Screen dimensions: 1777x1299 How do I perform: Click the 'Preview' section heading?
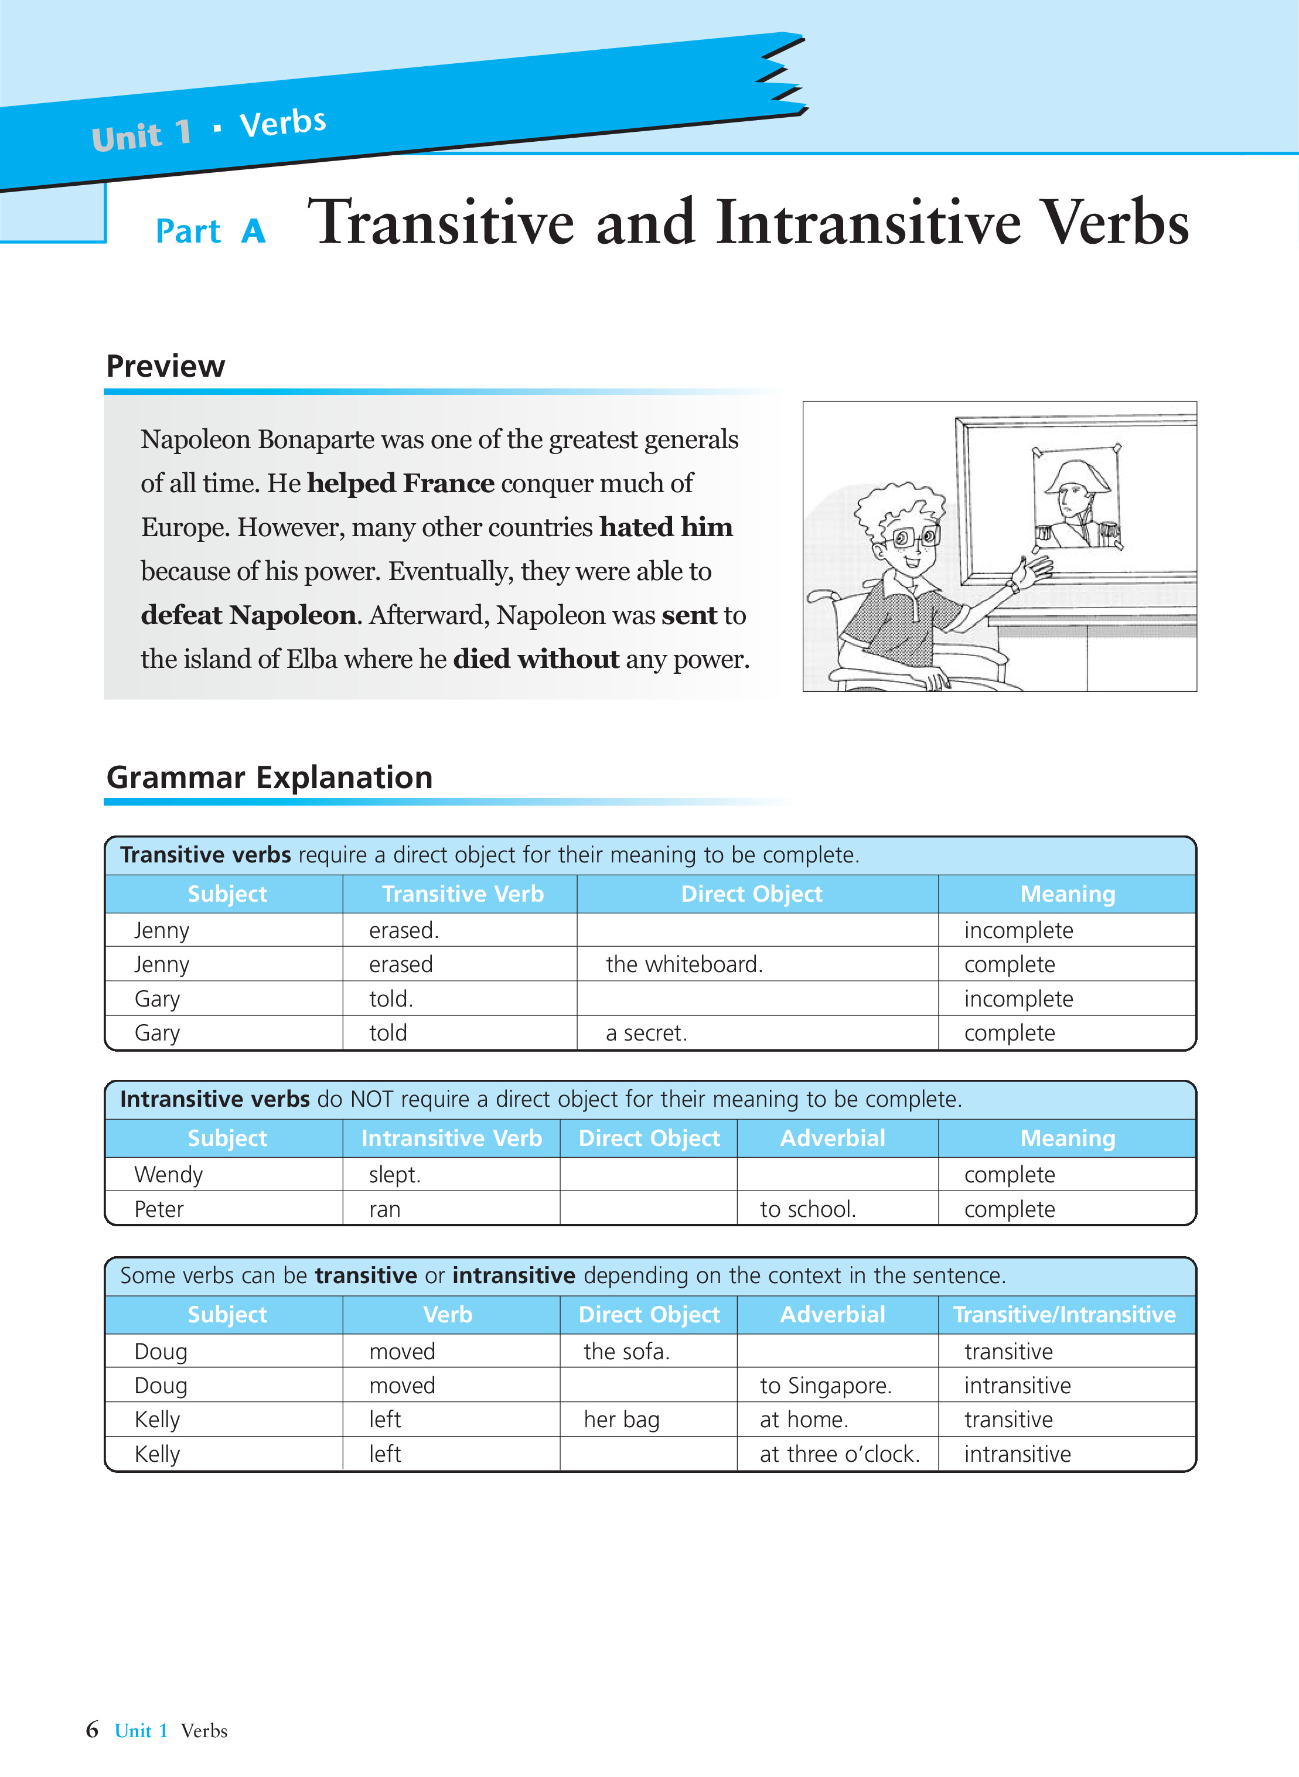[165, 366]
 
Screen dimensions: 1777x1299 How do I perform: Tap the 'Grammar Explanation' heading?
[269, 777]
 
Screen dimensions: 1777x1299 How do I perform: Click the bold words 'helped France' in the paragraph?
[400, 483]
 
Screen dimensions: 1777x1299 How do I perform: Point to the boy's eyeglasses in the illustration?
[915, 538]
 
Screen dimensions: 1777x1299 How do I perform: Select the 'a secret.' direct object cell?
[646, 1033]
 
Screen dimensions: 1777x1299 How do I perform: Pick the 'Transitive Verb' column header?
[462, 894]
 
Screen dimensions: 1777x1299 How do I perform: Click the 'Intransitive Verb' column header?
[451, 1138]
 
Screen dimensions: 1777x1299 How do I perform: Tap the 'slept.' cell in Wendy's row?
[395, 1175]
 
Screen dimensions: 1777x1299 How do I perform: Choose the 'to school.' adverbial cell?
[807, 1209]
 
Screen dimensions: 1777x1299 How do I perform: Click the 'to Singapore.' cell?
[825, 1386]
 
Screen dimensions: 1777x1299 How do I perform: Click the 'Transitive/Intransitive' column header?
[1064, 1315]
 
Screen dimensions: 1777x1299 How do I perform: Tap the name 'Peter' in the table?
[159, 1209]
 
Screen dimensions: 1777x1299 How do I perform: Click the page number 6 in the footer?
[92, 1730]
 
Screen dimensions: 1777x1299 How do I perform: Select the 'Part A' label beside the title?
[211, 231]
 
